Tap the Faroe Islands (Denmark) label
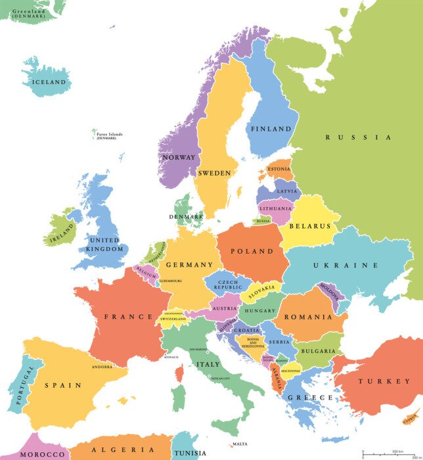pos(109,136)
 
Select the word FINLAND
pos(271,129)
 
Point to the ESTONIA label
pos(278,169)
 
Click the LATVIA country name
pos(287,191)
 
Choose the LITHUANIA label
pos(275,208)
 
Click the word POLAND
pos(252,251)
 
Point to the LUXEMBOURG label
pos(169,281)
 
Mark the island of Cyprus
pos(411,417)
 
